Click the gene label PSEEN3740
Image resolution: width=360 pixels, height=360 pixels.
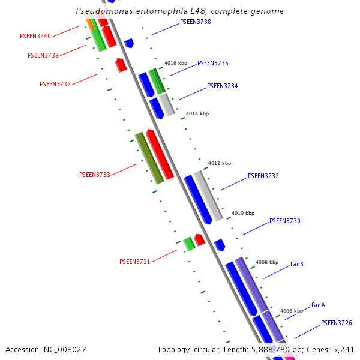pos(35,37)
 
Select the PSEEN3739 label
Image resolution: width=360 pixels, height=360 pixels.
pos(43,56)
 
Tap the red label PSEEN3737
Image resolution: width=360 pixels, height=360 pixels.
pos(55,84)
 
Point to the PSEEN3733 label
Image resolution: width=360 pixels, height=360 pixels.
pos(95,175)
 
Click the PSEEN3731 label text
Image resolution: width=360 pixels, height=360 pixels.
pos(135,262)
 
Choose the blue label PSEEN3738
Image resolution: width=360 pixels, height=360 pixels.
pos(196,22)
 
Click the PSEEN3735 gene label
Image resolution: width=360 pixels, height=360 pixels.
pos(213,63)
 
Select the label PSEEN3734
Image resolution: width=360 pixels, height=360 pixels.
pos(223,86)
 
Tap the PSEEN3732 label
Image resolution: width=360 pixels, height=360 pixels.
pos(263,176)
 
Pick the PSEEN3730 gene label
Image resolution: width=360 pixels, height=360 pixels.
pos(285,221)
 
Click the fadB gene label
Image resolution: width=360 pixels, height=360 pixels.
pos(297,264)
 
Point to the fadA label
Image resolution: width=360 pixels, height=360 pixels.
pos(318,305)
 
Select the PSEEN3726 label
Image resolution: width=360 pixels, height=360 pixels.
pos(336,323)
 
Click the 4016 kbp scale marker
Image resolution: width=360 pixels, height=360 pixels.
pos(176,63)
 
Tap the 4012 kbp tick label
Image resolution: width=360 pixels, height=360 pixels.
pos(220,163)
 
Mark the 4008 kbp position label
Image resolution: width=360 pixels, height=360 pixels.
pos(267,262)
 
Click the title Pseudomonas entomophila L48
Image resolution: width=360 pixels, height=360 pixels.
pos(179,11)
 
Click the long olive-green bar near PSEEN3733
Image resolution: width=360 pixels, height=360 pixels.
pos(149,158)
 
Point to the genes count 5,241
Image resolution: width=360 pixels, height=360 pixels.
pos(343,349)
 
